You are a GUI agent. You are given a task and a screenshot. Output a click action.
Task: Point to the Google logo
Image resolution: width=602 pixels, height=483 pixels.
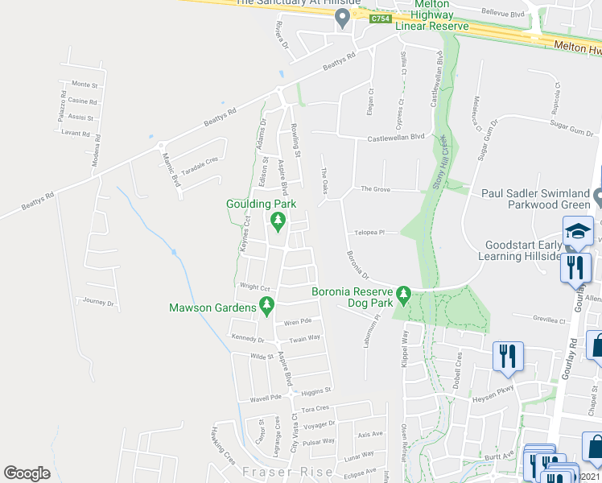tap(27, 473)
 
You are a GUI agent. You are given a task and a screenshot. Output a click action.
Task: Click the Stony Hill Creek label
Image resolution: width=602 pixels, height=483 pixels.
tap(442, 162)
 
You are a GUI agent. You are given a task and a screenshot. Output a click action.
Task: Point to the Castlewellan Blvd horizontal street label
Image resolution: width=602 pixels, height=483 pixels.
tap(395, 138)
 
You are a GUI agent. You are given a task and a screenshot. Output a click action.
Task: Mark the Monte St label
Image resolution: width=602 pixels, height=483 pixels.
tap(85, 84)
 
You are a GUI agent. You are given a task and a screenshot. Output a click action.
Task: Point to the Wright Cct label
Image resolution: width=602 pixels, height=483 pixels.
tap(254, 287)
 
